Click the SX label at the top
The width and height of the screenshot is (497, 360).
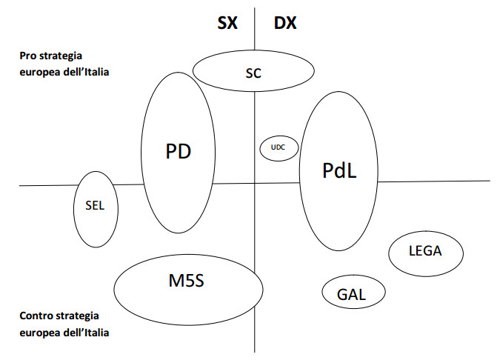227,22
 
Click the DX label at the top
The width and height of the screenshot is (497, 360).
285,22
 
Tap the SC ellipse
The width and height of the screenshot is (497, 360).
253,71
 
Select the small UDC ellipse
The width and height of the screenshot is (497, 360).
278,147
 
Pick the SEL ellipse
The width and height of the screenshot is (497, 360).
96,209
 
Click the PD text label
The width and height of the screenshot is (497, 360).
179,152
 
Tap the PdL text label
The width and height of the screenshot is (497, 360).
340,170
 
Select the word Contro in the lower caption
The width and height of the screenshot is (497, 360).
37,316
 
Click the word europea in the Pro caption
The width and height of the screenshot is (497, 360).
38,73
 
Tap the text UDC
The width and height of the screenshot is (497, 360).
278,147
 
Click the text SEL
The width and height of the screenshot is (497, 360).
96,207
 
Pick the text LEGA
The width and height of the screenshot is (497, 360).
425,251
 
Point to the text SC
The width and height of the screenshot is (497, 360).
253,73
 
